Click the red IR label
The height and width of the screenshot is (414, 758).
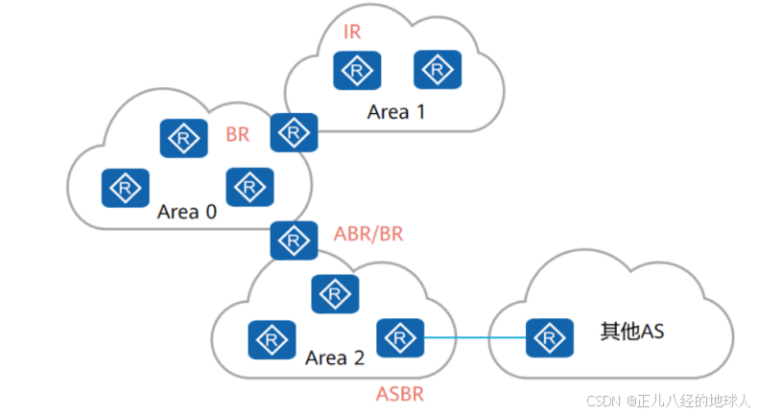pyautogui.click(x=352, y=33)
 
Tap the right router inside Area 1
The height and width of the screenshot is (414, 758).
pyautogui.click(x=438, y=69)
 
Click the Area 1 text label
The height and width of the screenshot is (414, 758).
pyautogui.click(x=395, y=111)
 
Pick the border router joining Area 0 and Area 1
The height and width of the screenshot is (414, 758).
pyautogui.click(x=293, y=132)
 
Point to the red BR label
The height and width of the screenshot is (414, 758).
pyautogui.click(x=237, y=135)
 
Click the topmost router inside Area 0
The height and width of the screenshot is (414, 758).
pyautogui.click(x=182, y=139)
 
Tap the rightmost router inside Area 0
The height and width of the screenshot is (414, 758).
pyautogui.click(x=249, y=185)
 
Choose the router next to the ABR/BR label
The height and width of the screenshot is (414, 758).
pyautogui.click(x=293, y=240)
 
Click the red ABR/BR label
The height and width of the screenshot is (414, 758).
pyautogui.click(x=369, y=233)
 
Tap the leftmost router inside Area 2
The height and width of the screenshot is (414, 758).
pyautogui.click(x=271, y=338)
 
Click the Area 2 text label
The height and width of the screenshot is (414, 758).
pyautogui.click(x=335, y=358)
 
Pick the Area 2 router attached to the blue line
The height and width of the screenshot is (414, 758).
pyautogui.click(x=400, y=337)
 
